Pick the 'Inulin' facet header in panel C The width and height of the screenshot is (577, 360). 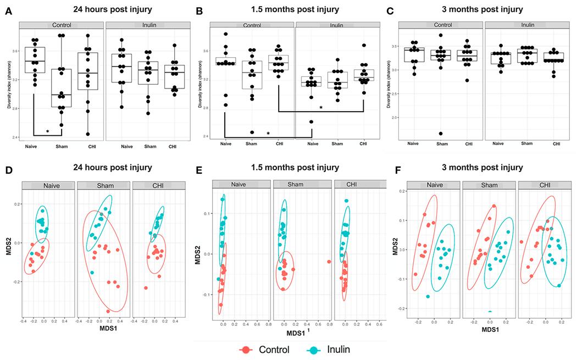[x=528, y=25]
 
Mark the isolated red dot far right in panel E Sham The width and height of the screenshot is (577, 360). [x=329, y=262]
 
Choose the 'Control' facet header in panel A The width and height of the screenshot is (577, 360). [x=60, y=25]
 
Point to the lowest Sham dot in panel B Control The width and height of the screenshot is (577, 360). [x=250, y=132]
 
